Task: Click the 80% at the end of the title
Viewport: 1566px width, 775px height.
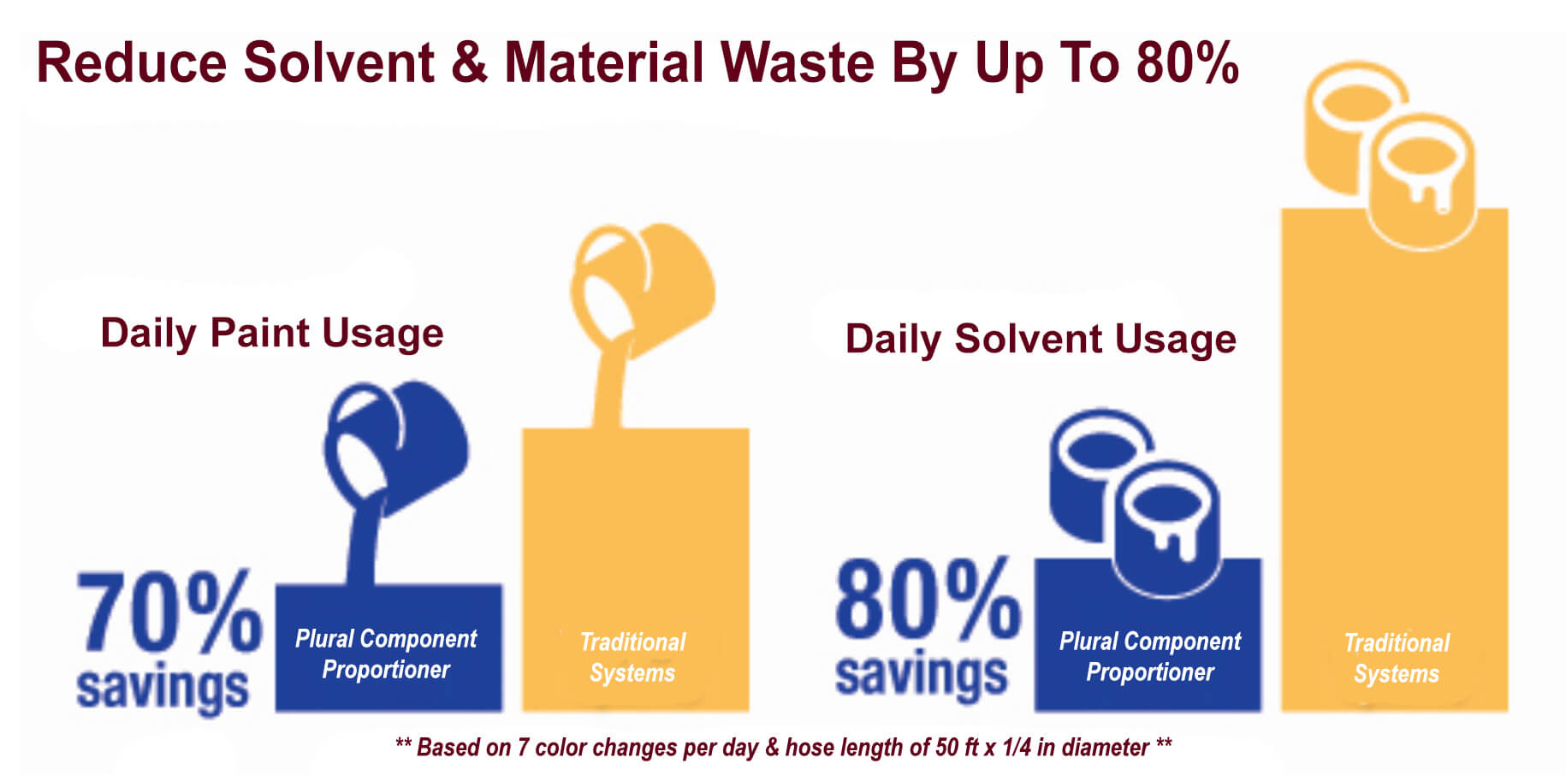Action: pos(1188,62)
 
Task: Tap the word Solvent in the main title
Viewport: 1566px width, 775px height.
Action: pos(339,62)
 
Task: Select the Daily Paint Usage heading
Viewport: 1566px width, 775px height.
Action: pos(272,334)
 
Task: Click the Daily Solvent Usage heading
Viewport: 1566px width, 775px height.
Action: pos(1041,340)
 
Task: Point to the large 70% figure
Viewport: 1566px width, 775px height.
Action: pos(169,612)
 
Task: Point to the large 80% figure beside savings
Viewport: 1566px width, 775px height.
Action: pos(928,599)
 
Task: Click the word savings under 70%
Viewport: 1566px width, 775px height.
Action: pos(163,687)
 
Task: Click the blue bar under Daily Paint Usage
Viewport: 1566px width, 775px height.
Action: pos(389,648)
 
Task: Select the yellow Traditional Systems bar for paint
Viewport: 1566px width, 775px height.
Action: pos(636,570)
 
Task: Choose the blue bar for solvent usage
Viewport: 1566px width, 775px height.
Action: pos(1148,635)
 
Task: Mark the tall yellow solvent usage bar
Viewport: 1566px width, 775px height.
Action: pos(1395,459)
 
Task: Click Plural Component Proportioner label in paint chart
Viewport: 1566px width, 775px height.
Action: pos(386,654)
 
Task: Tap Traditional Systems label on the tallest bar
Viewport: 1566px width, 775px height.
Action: pos(1397,658)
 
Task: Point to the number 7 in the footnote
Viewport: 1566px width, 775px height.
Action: pos(523,748)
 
